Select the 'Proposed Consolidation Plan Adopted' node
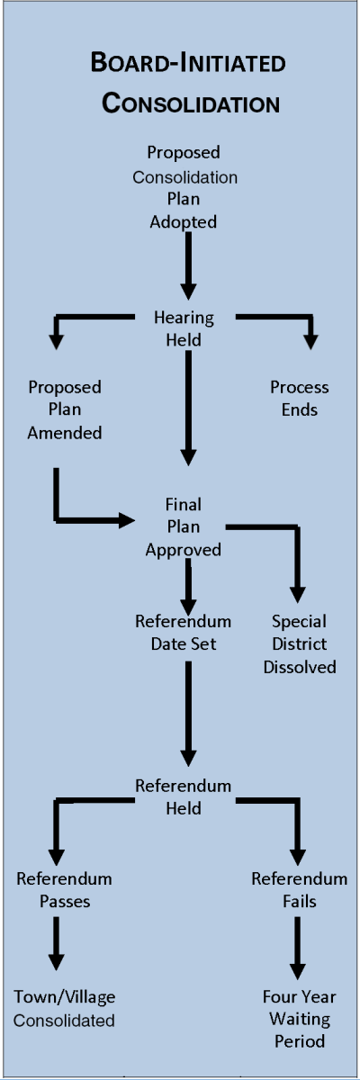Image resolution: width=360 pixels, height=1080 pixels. point(184,187)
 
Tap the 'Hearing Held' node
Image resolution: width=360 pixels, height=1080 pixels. point(184,328)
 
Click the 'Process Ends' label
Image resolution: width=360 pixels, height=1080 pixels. point(300,399)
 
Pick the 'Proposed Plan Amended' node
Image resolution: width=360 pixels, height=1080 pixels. point(64,409)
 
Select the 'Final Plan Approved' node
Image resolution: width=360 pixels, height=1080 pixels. point(184,526)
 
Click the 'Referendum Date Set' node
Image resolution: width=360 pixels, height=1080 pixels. point(184,633)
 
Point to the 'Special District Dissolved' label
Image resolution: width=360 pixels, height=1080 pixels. point(300,643)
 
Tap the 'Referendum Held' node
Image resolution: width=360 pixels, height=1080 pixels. point(184,796)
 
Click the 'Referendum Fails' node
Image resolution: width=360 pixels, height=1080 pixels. point(300,889)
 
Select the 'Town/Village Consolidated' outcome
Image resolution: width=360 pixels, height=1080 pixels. point(64,1008)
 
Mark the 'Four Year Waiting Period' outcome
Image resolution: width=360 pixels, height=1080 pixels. point(300,1019)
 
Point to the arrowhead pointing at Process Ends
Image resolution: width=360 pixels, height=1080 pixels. point(311,341)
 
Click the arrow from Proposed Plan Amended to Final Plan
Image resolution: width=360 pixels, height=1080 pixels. point(81,519)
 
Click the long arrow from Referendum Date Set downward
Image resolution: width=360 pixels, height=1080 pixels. point(188,711)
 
